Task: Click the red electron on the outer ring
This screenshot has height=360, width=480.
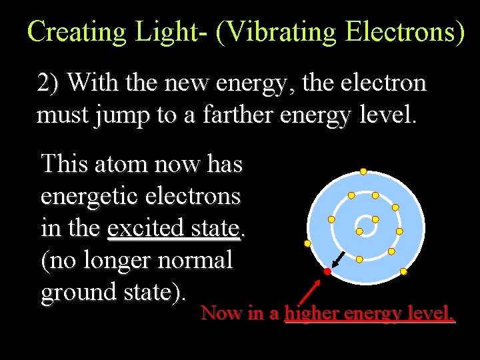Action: [327, 272]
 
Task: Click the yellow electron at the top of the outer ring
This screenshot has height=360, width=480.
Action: [363, 171]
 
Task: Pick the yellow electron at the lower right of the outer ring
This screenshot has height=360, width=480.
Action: [403, 272]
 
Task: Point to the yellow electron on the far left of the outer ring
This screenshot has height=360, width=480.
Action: [307, 243]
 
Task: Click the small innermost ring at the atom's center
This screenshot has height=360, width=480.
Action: [363, 222]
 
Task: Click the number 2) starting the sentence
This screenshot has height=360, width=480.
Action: [49, 83]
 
